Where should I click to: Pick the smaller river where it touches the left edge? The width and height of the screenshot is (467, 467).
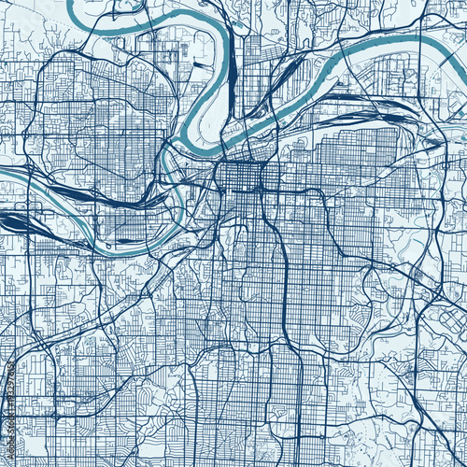tap(4, 174)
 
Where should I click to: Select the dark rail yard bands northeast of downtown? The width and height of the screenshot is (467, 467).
tap(346, 98)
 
